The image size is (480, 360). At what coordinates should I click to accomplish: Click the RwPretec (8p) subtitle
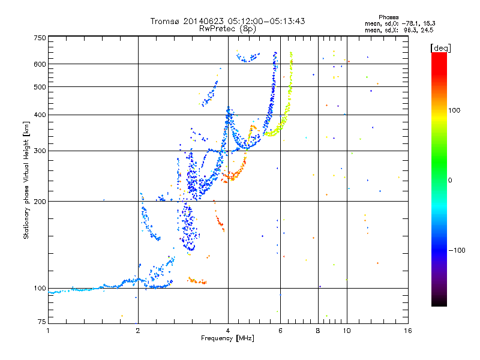tap(227, 29)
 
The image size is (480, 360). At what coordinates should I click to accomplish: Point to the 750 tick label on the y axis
tap(40, 38)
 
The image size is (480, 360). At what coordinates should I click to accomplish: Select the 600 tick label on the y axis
tap(40, 64)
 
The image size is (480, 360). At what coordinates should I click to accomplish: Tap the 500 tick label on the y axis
tap(40, 87)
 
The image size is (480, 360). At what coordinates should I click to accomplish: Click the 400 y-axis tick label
tap(40, 115)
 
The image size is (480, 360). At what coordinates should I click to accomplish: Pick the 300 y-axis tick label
tap(40, 151)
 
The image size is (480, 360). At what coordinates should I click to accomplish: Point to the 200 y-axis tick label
tap(40, 202)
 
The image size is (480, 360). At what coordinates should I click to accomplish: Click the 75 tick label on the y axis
tap(42, 322)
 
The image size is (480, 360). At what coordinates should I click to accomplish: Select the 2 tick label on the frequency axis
tap(138, 331)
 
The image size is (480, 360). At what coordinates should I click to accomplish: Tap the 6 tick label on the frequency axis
tap(280, 331)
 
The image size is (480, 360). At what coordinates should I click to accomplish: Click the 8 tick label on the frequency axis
tap(318, 331)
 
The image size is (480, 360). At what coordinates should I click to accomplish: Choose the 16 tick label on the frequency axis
tap(408, 331)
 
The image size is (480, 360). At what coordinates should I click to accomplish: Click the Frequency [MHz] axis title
tap(227, 338)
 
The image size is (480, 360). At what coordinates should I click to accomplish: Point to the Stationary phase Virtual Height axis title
tap(26, 180)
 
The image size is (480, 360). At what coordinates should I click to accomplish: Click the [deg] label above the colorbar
tap(440, 48)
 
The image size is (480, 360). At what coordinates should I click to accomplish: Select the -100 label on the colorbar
tap(457, 250)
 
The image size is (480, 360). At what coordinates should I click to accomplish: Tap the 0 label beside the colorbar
tap(450, 181)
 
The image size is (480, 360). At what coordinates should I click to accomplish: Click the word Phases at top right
tap(389, 17)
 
